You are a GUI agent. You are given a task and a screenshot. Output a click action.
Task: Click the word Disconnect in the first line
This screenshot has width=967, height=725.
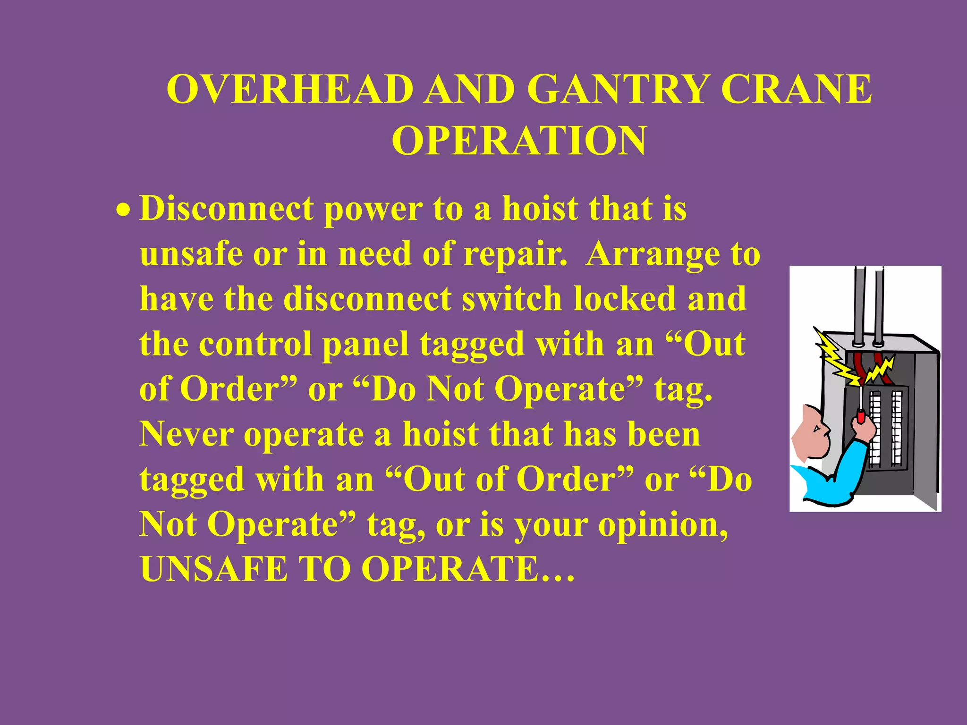click(227, 208)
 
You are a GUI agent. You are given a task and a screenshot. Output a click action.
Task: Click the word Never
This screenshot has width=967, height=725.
click(186, 434)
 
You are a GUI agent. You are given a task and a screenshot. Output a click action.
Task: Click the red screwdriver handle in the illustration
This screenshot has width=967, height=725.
click(861, 417)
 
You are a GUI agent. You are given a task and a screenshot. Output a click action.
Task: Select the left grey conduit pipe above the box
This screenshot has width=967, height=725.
click(860, 302)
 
